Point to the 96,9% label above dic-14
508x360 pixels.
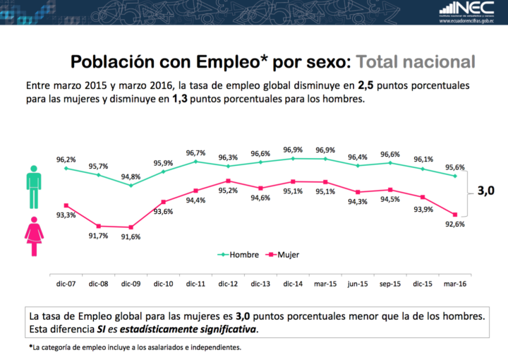pyautogui.click(x=293, y=150)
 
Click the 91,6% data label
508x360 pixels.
pyautogui.click(x=131, y=237)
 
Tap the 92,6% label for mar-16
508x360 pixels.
pyautogui.click(x=454, y=224)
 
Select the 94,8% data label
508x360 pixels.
pyautogui.click(x=131, y=176)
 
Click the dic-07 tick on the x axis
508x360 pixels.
pyautogui.click(x=66, y=283)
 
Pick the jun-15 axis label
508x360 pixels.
pyautogui.click(x=358, y=283)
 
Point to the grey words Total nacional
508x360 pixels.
pyautogui.click(x=415, y=61)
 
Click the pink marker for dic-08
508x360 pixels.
pyautogui.click(x=98, y=226)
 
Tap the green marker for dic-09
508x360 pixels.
pyautogui.click(x=131, y=185)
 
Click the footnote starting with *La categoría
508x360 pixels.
pyautogui.click(x=135, y=347)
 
